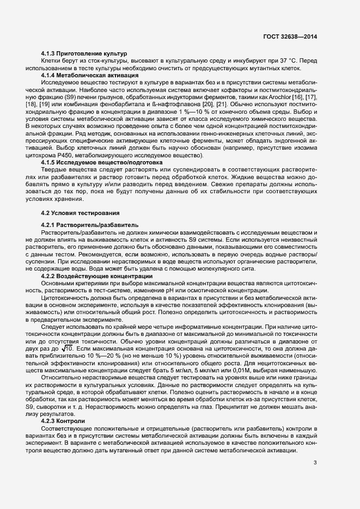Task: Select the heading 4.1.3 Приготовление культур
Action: point(84,53)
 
